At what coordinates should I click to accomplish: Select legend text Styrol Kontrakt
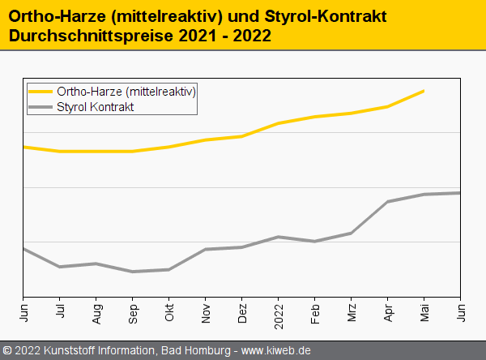pos(96,106)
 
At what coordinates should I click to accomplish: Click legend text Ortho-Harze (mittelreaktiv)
pos(126,92)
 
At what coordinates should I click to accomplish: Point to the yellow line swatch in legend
pos(40,92)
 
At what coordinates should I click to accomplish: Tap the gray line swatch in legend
pos(40,106)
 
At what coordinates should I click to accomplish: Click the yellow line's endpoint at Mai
pos(424,91)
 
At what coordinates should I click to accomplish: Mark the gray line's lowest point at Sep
pos(133,272)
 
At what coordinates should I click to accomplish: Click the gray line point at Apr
pos(388,202)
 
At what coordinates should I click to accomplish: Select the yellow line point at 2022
pos(279,123)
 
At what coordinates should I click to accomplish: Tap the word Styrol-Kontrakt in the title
pos(326,16)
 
